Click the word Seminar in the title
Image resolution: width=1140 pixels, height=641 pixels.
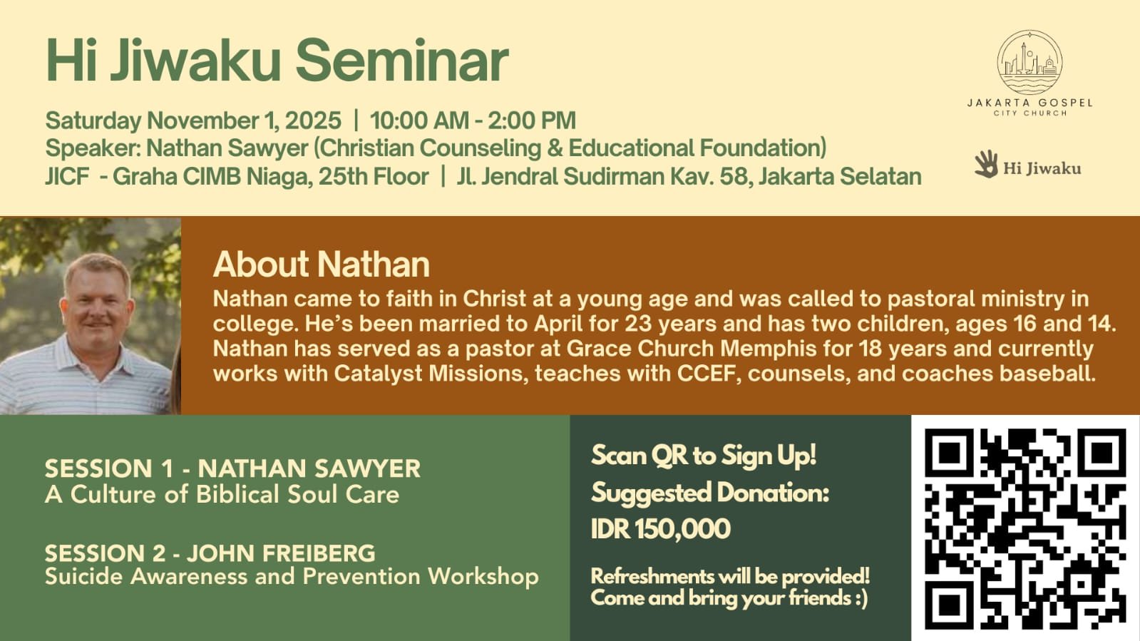[402, 61]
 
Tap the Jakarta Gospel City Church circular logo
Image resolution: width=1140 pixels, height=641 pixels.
[1029, 62]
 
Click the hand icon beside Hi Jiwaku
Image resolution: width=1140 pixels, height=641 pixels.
[986, 164]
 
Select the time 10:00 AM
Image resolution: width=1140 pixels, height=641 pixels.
[419, 120]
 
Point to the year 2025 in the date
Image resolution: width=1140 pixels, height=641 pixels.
[313, 120]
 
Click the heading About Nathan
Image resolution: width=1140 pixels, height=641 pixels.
[321, 265]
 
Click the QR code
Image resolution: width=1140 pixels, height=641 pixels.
[1025, 528]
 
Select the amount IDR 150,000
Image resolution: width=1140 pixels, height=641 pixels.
[661, 528]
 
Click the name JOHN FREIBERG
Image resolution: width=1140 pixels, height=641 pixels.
[280, 553]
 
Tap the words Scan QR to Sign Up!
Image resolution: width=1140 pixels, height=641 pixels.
[704, 455]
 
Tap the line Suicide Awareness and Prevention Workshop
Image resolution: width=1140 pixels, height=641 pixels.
[292, 576]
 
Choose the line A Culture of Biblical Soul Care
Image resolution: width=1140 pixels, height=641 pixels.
[222, 494]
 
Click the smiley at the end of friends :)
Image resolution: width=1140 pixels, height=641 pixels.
[861, 598]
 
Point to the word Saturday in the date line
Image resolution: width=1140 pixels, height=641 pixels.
[93, 121]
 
